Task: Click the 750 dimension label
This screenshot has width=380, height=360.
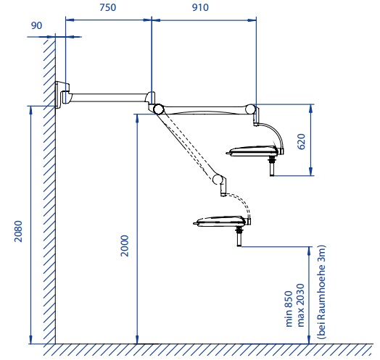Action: [107, 7]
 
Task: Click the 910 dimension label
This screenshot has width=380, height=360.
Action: [200, 7]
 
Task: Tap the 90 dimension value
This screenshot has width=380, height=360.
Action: [36, 25]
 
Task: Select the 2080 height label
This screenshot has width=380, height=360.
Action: [18, 231]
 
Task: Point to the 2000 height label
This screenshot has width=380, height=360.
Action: [125, 246]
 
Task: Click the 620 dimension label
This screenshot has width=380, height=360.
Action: [301, 142]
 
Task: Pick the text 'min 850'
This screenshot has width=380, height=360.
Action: [289, 309]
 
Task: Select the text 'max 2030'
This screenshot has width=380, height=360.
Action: [300, 305]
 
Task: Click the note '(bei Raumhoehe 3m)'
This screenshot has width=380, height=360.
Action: [322, 292]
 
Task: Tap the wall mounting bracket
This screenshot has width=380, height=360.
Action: [62, 94]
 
